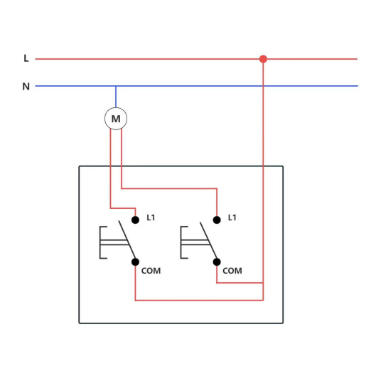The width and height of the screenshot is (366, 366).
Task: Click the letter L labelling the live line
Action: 26,58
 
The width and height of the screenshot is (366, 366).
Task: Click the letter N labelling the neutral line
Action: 26,87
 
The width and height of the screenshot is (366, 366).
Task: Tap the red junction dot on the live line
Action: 263,59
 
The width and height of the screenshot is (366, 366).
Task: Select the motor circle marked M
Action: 116,119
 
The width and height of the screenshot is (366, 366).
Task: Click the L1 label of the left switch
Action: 151,217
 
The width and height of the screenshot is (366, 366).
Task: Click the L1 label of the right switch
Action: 232,217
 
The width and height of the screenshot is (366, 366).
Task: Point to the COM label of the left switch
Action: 151,271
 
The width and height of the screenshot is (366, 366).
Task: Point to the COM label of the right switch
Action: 232,271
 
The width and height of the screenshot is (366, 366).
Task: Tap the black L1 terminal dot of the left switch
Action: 135,220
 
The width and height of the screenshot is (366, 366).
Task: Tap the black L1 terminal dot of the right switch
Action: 217,220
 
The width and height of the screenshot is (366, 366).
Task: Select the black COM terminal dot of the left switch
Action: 135,262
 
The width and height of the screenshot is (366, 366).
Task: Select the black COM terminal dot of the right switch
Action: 217,262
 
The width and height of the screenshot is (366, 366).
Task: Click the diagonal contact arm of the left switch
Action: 127,239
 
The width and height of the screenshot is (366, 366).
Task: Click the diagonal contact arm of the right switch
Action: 208,240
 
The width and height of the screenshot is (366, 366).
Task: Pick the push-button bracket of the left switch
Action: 100,242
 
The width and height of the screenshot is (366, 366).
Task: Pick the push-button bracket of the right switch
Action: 181,242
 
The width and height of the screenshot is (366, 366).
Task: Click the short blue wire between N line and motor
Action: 116,97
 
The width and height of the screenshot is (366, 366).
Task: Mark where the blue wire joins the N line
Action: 116,86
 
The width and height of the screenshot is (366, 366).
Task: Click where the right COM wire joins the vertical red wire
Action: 263,283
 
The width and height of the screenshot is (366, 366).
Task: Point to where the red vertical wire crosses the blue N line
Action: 263,86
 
